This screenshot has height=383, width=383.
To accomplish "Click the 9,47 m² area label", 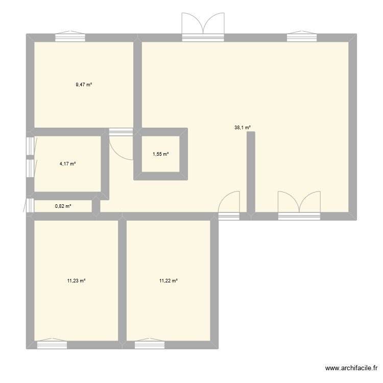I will click(x=84, y=85).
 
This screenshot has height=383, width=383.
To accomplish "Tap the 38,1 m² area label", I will click(x=243, y=128).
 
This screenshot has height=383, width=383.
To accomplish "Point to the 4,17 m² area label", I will click(x=67, y=164).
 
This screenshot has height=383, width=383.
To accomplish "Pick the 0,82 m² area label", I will click(x=63, y=206).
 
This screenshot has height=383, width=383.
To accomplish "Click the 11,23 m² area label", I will click(x=76, y=280).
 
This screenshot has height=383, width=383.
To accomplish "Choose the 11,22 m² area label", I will click(x=168, y=280).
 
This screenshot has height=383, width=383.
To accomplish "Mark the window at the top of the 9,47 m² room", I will click(x=70, y=37).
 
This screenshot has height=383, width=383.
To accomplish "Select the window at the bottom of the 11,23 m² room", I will click(x=52, y=345).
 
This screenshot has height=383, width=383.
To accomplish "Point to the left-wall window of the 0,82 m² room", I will click(x=30, y=206).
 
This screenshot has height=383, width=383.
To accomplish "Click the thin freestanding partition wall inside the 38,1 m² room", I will click(x=251, y=171).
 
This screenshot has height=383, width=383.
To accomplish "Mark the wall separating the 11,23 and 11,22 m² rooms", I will click(x=122, y=281).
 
